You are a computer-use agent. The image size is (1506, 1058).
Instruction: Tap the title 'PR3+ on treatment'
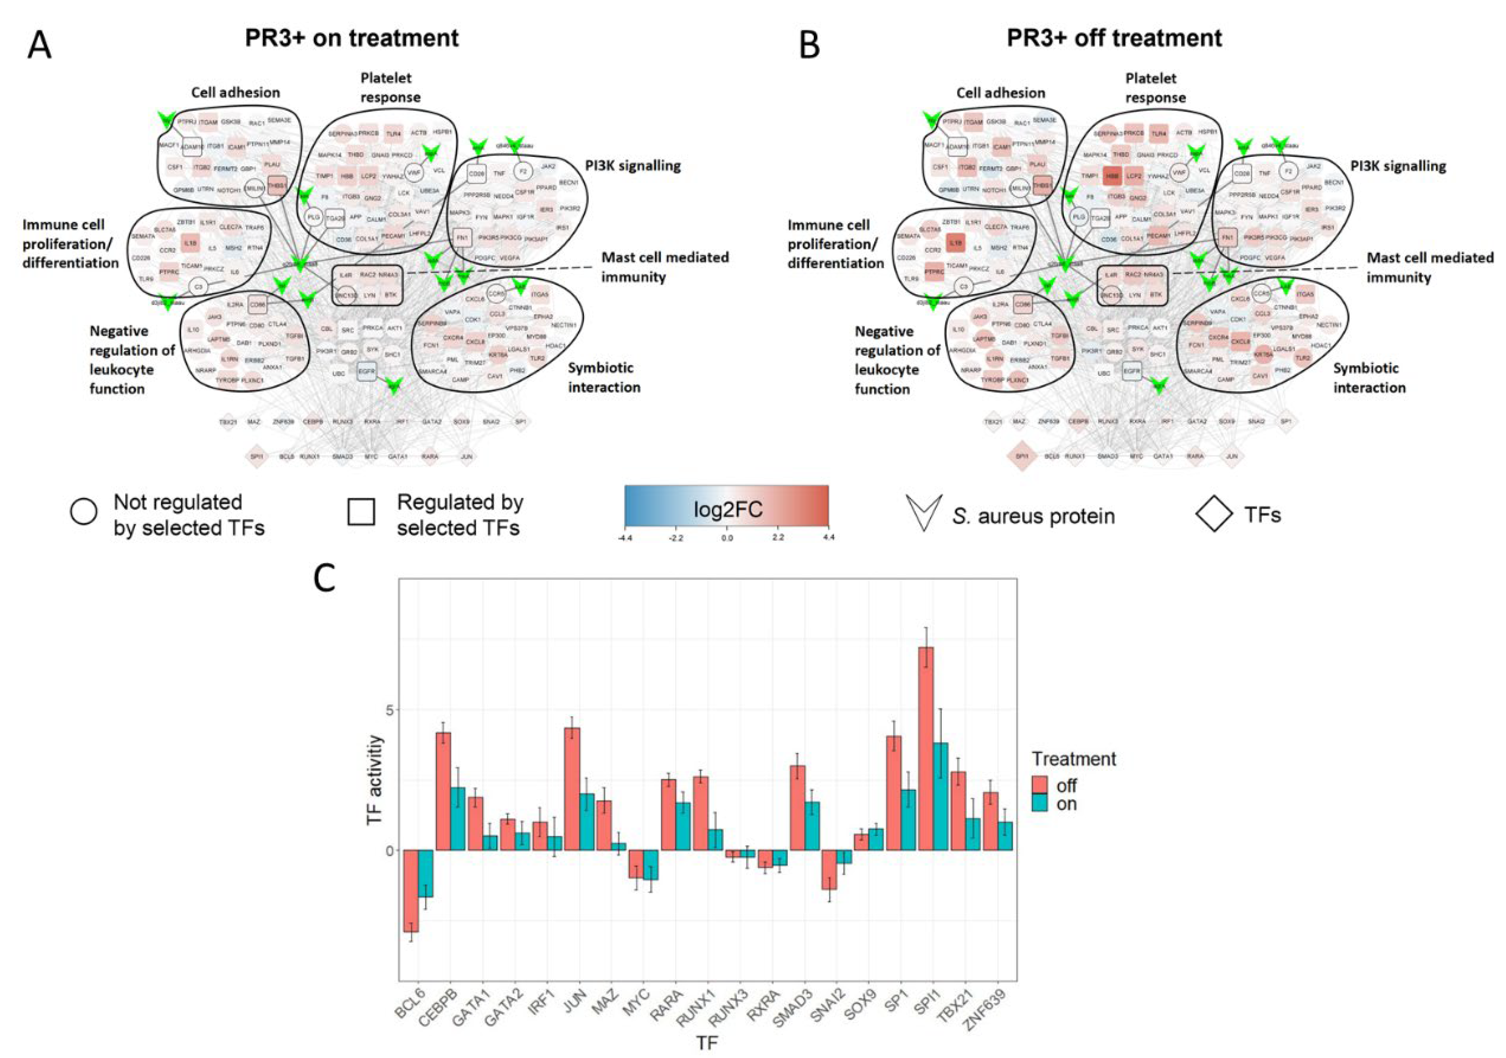tap(352, 38)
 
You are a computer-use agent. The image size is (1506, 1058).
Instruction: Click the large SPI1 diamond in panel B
tap(1021, 456)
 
